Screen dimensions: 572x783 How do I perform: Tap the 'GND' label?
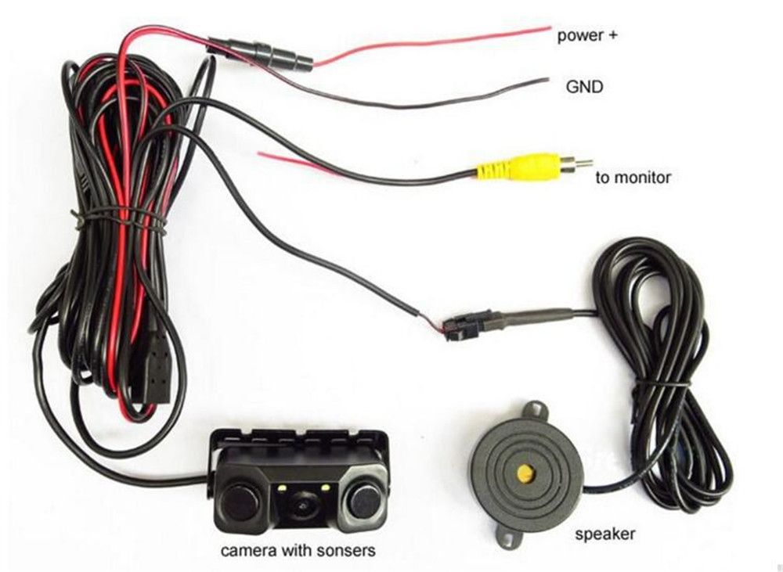tap(585, 86)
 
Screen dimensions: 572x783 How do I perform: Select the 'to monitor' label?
tap(633, 178)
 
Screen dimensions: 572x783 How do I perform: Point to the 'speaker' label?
tap(605, 535)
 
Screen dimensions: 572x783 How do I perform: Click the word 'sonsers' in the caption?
tap(345, 551)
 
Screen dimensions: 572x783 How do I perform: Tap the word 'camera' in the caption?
tap(248, 551)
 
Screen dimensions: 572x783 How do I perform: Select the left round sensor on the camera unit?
tap(238, 502)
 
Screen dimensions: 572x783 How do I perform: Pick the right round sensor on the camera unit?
tap(365, 499)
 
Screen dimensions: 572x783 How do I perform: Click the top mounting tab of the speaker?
tap(535, 410)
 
